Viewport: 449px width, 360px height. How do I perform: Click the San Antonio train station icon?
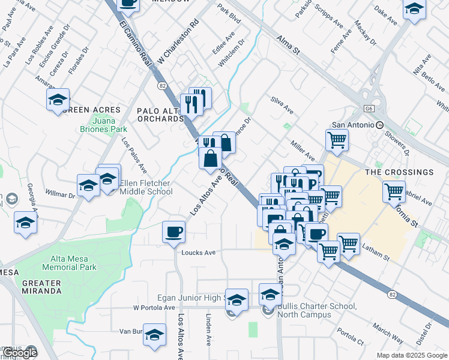point(379,125)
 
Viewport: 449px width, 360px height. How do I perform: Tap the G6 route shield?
point(369,107)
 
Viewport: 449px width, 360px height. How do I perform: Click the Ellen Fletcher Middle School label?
point(146,187)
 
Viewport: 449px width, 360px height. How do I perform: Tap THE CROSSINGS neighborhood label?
point(399,172)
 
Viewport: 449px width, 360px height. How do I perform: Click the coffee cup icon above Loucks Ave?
point(174,232)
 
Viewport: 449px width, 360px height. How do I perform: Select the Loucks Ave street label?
point(199,253)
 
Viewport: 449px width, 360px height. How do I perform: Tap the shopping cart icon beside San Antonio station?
point(337,140)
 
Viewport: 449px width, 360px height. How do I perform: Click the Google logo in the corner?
point(20,353)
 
